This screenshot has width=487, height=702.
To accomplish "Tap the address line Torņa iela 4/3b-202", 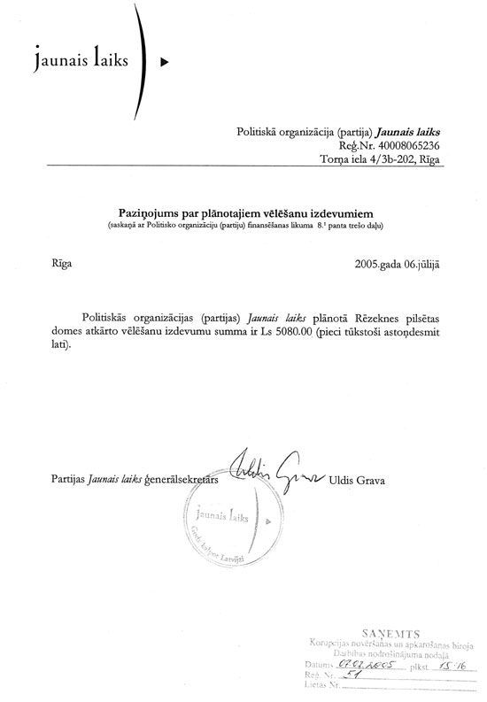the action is click(371, 159).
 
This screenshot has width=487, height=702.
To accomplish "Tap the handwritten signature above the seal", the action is click(266, 473).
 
